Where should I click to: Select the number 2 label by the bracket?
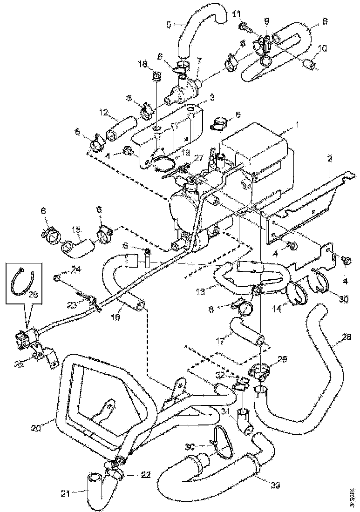click(x=329, y=158)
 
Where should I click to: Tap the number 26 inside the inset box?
click(x=32, y=295)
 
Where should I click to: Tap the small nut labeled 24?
click(x=58, y=278)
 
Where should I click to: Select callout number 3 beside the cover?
click(x=211, y=97)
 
